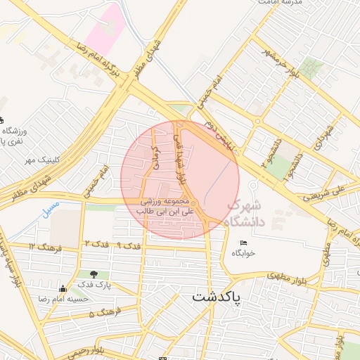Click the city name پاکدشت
pos(216,297)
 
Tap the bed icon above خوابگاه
pos(244,243)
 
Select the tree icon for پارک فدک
pos(94,274)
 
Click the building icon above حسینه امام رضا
pos(63,288)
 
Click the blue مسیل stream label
pos(50,210)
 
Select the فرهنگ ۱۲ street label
pos(48,247)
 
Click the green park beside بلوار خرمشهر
pos(310,68)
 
